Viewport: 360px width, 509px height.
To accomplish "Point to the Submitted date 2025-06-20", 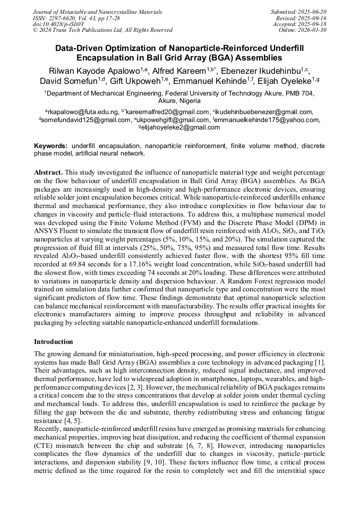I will click(x=313, y=12).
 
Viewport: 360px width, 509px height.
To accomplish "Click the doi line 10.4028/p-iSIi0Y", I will click(x=58, y=24).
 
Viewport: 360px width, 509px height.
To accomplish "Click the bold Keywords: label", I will click(x=50, y=145).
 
